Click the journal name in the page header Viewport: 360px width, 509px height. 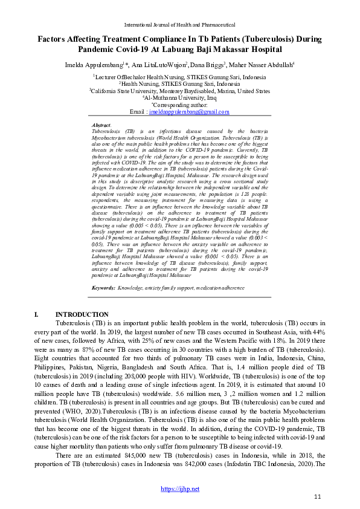click(179, 24)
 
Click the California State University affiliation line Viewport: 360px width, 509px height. click(180, 91)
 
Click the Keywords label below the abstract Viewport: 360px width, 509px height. click(103, 288)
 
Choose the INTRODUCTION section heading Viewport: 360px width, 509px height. click(82, 314)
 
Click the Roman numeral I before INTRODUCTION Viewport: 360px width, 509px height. click(37, 314)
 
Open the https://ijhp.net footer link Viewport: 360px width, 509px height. click(179, 488)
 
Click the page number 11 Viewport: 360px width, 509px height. click(318, 497)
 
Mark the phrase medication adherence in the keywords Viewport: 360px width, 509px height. click(211, 288)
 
